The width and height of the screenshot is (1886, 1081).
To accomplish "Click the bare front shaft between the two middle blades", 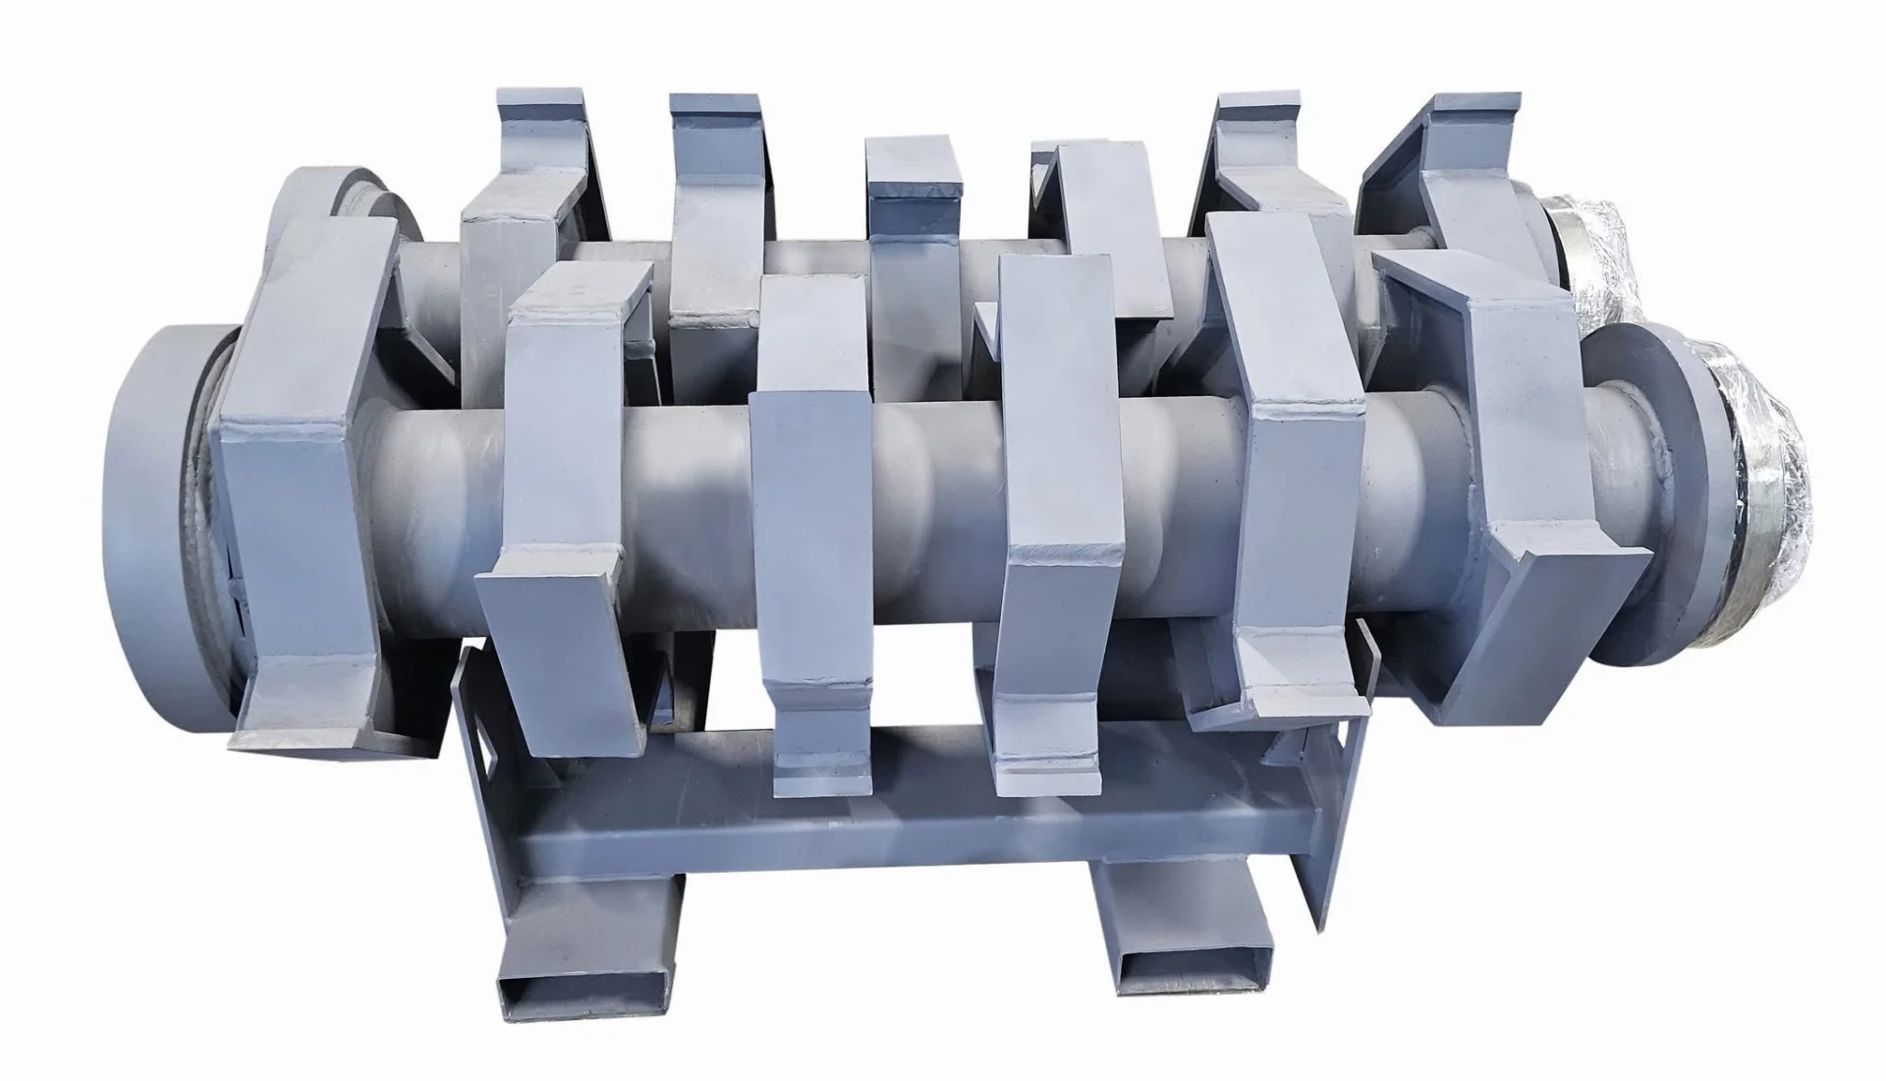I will pos(933,491).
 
